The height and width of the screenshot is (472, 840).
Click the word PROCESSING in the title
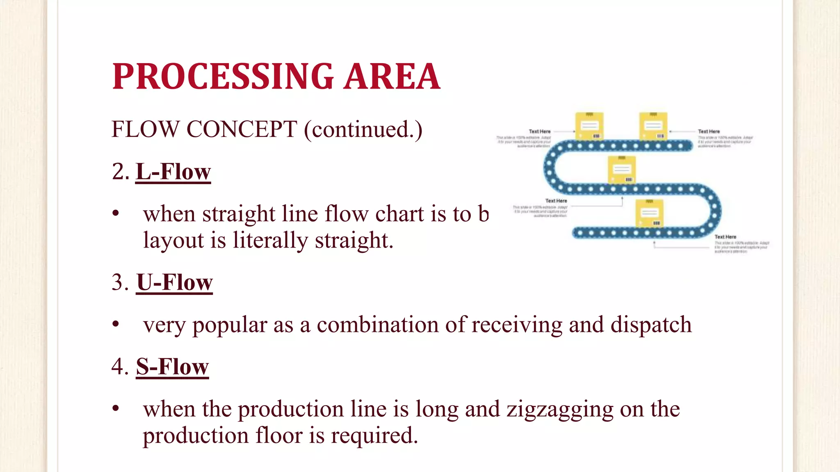pos(224,77)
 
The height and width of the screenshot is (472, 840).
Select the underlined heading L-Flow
pos(173,172)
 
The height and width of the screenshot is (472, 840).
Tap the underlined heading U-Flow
pos(174,283)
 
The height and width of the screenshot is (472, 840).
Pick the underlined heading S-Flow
pos(172,366)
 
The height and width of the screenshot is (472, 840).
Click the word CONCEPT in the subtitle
pos(242,129)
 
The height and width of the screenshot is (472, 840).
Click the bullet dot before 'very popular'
pos(116,324)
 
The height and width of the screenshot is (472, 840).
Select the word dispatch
pos(651,325)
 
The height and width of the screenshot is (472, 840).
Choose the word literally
pos(270,241)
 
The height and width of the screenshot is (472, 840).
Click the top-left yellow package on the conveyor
pos(589,126)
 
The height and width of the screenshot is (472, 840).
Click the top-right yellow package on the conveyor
pos(653,126)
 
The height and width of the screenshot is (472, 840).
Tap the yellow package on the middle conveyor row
pos(621,170)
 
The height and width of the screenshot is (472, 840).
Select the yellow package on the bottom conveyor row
pos(649,213)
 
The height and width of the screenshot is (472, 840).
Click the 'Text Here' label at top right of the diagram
pos(709,132)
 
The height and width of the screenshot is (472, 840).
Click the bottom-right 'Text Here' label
pos(725,237)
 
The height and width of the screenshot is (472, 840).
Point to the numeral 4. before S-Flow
pos(120,366)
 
